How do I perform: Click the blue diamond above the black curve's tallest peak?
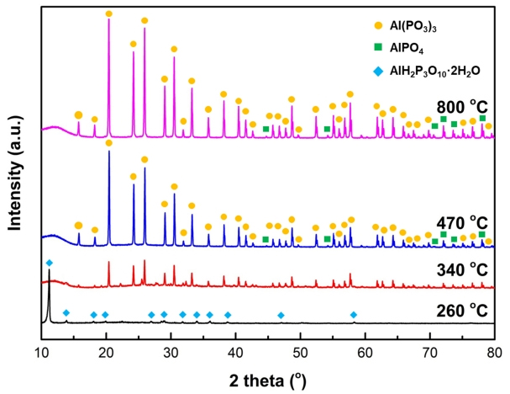coord(49,264)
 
